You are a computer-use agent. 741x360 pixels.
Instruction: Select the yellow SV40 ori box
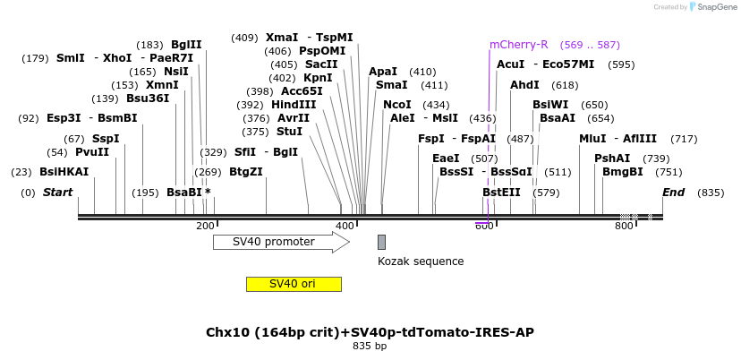click(294, 284)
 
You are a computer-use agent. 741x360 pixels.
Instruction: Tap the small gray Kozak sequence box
click(381, 242)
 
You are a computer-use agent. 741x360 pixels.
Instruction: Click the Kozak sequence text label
click(421, 261)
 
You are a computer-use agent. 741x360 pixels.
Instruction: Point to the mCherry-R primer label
click(518, 45)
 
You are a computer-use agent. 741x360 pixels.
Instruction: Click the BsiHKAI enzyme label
click(64, 172)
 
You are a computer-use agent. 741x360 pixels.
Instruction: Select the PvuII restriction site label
click(92, 152)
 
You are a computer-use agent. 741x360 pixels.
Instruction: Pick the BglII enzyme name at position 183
click(186, 45)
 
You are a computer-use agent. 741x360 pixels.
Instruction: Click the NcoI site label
click(396, 105)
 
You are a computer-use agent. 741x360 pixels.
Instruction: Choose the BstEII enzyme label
click(501, 193)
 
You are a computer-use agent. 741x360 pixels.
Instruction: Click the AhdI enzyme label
click(524, 85)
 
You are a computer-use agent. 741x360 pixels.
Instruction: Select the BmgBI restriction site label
click(623, 172)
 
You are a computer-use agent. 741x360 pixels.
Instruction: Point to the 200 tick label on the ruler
click(204, 227)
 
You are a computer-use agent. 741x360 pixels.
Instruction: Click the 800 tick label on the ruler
click(624, 227)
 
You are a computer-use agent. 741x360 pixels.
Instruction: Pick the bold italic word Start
click(57, 193)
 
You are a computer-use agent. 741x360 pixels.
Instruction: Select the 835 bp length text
click(370, 346)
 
